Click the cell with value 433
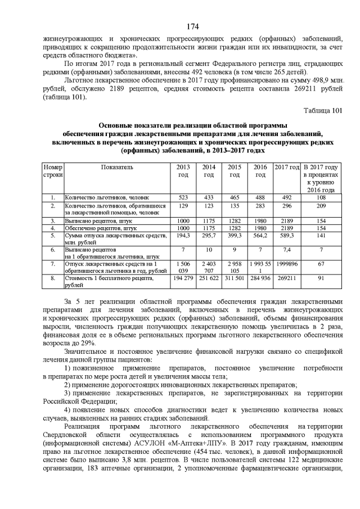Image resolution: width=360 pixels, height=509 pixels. pyautogui.click(x=209, y=198)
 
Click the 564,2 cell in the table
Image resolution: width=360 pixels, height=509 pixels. pyautogui.click(x=260, y=237)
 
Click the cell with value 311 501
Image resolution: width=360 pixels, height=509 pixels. pyautogui.click(x=235, y=278)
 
